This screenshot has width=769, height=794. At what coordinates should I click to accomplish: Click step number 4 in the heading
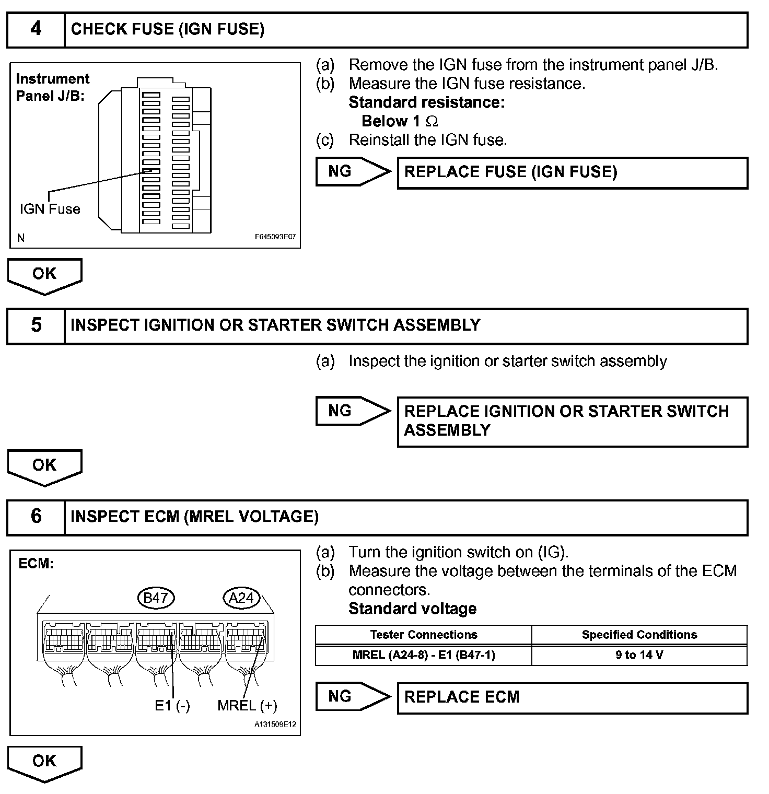36,29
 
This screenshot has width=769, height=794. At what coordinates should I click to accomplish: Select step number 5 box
36,325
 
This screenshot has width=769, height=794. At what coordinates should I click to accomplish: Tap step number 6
36,516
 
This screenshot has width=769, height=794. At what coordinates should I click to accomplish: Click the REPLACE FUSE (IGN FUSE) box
572,172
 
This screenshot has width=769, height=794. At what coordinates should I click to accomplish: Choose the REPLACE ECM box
572,697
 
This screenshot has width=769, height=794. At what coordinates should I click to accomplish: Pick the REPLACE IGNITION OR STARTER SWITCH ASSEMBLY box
572,421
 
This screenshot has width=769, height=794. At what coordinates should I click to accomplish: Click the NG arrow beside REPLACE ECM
353,696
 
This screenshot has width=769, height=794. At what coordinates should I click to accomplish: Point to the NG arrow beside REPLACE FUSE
353,171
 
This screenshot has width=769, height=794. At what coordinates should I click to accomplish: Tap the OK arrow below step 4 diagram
44,275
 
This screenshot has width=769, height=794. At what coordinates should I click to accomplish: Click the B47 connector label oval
155,598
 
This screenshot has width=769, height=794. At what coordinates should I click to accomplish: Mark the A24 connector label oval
241,598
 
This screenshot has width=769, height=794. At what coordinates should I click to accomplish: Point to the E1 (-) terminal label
172,706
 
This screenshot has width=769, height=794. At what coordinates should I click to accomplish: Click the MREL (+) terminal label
247,706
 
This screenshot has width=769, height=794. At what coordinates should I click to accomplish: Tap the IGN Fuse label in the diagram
50,209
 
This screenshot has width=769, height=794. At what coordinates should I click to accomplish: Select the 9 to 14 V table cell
639,655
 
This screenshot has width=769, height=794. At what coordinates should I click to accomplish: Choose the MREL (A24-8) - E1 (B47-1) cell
424,655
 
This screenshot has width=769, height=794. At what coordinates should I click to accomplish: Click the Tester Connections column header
424,635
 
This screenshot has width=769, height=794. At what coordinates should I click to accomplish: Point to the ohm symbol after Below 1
432,122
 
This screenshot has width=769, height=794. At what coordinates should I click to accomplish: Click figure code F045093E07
275,237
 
